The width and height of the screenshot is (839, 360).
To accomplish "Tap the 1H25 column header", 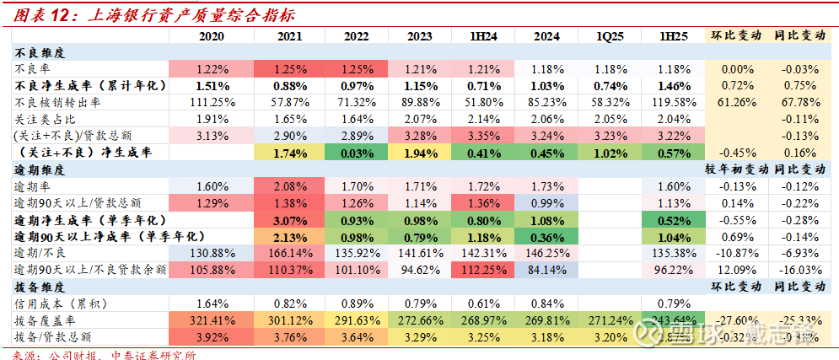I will click(x=674, y=36).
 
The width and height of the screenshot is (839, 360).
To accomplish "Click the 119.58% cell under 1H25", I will click(x=674, y=102).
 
